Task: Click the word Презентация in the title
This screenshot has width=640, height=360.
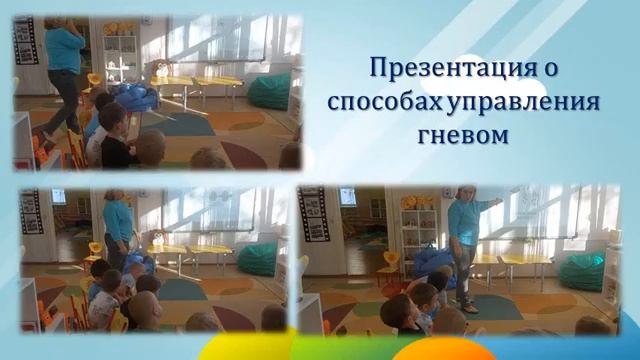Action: [451, 68]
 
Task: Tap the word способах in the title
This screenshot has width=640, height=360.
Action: [385, 102]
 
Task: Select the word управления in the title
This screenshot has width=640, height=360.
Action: [523, 102]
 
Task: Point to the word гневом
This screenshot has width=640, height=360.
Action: [463, 136]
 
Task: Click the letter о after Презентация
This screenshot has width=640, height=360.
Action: [549, 69]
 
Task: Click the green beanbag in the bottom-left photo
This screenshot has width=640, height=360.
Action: [258, 259]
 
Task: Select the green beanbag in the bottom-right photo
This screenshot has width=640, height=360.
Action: [582, 271]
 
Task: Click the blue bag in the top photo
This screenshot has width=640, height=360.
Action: [135, 97]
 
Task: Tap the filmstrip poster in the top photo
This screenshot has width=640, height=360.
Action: [26, 41]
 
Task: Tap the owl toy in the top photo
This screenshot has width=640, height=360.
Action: [160, 68]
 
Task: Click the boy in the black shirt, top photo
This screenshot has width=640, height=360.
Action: [115, 136]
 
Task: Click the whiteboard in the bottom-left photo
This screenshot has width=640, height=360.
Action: [208, 210]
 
